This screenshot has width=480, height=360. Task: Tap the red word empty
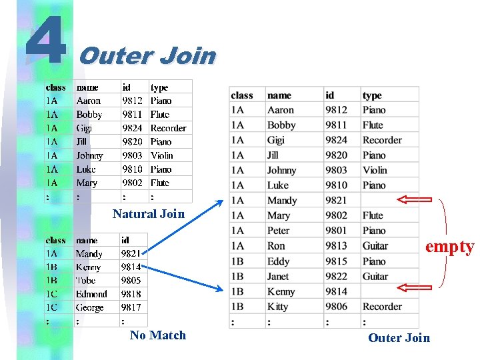click(449, 247)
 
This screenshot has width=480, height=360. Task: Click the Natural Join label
click(148, 214)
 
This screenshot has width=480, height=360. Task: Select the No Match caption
click(158, 335)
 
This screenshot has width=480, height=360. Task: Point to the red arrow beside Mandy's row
click(414, 199)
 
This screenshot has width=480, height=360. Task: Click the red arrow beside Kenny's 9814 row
click(414, 287)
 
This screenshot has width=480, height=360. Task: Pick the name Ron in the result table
click(276, 246)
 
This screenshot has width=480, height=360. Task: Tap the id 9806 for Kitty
click(336, 307)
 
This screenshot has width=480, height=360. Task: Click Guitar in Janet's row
click(375, 276)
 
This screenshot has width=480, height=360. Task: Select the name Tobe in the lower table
click(86, 281)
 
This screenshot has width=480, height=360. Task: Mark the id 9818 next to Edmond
click(131, 294)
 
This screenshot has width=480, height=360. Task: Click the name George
click(90, 308)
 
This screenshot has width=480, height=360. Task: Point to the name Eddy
click(279, 261)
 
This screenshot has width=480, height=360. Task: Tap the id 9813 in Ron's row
click(336, 246)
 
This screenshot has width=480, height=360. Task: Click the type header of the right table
click(372, 95)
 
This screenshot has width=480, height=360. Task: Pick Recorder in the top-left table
click(169, 128)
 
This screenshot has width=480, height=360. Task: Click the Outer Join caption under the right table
click(399, 338)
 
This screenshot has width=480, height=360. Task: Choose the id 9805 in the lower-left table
click(131, 281)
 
